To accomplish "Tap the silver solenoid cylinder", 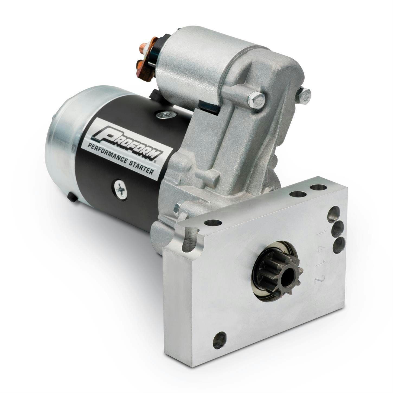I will [190, 62].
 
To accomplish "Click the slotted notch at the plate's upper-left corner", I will [190, 239].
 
